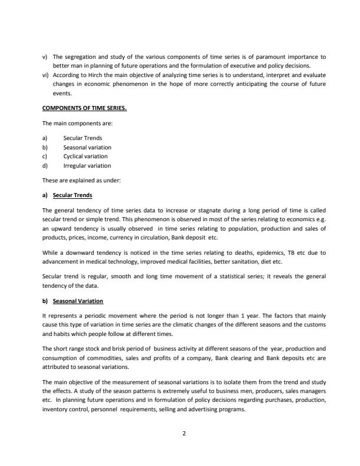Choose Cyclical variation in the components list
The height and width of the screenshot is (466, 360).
tap(85, 157)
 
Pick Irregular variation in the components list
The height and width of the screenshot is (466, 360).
tap(86, 166)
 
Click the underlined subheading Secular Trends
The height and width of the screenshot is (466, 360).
tap(72, 195)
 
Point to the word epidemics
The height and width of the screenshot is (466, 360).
tap(265, 252)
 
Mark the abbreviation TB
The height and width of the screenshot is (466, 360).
tap(289, 252)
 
